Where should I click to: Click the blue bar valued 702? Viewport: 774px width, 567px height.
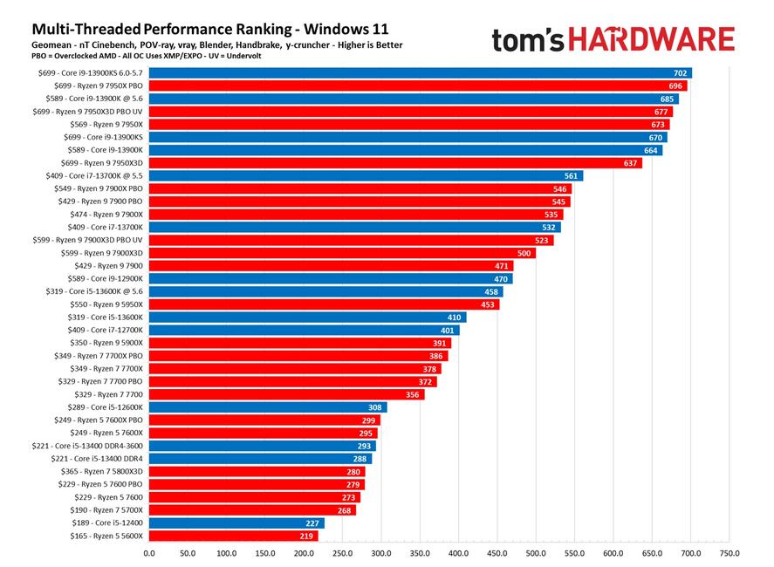(x=419, y=73)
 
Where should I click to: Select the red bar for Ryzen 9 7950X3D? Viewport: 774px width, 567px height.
(x=394, y=163)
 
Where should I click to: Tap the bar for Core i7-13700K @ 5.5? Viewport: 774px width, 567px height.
(x=365, y=175)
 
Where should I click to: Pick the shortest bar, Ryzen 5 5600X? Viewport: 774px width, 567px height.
(x=233, y=536)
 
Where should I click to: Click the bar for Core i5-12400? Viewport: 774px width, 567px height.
(x=236, y=523)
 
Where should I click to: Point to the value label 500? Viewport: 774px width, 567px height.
(x=524, y=253)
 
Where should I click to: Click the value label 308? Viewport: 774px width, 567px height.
(x=375, y=407)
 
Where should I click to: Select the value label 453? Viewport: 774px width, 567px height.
(x=488, y=304)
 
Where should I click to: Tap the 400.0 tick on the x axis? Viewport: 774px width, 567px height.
(x=458, y=553)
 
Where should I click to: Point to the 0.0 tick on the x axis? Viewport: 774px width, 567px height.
(x=148, y=553)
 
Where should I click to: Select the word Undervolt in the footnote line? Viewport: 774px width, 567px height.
(x=241, y=55)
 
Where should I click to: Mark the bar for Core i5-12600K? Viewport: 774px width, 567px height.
(x=267, y=407)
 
